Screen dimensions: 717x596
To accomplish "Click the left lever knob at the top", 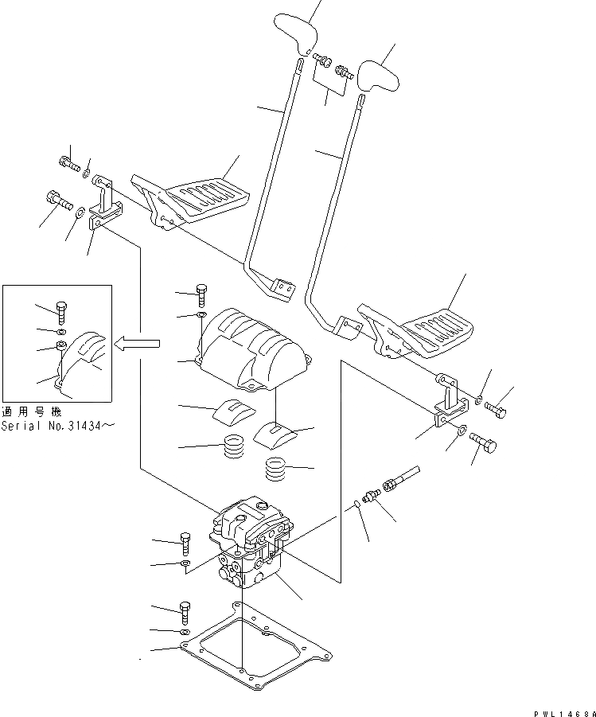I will pos(296,33).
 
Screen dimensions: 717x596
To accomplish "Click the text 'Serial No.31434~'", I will pos(57,426).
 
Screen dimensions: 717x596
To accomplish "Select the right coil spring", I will pos(275,470).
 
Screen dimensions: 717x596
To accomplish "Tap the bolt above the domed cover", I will pos(201,294).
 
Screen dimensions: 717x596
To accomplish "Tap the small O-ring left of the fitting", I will pos(357,501).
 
